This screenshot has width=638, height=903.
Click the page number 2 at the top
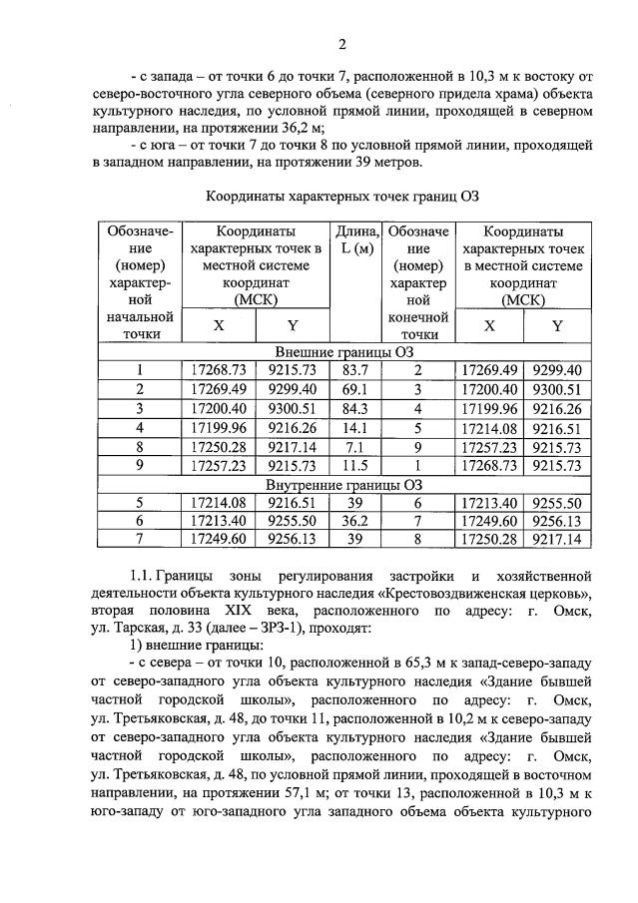pos(341,44)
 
